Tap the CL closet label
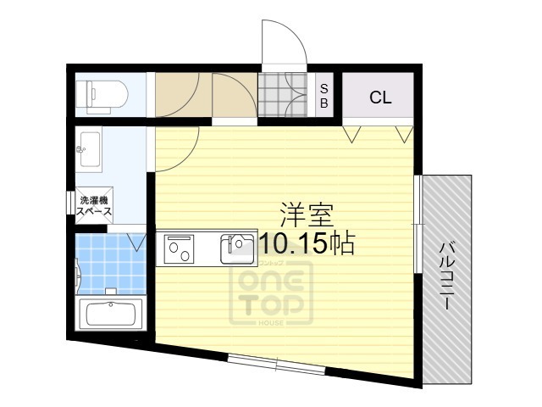[380, 98]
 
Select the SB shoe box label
[324, 96]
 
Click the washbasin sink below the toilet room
[89, 150]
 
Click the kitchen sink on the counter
[236, 248]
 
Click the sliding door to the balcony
[418, 225]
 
